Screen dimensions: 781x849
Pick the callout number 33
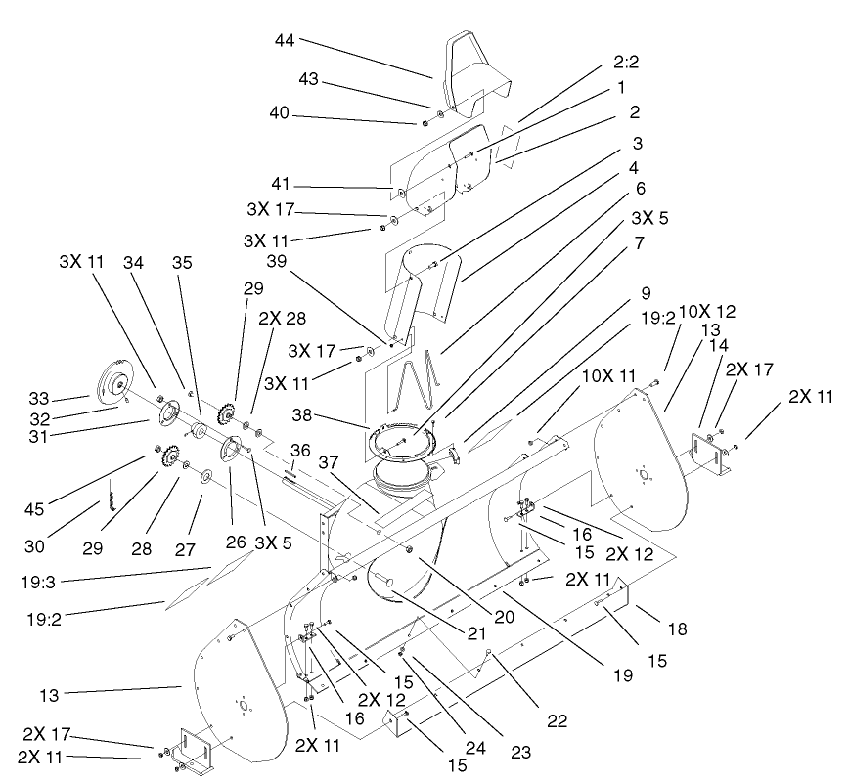pos(38,399)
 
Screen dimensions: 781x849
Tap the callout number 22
pos(557,721)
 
